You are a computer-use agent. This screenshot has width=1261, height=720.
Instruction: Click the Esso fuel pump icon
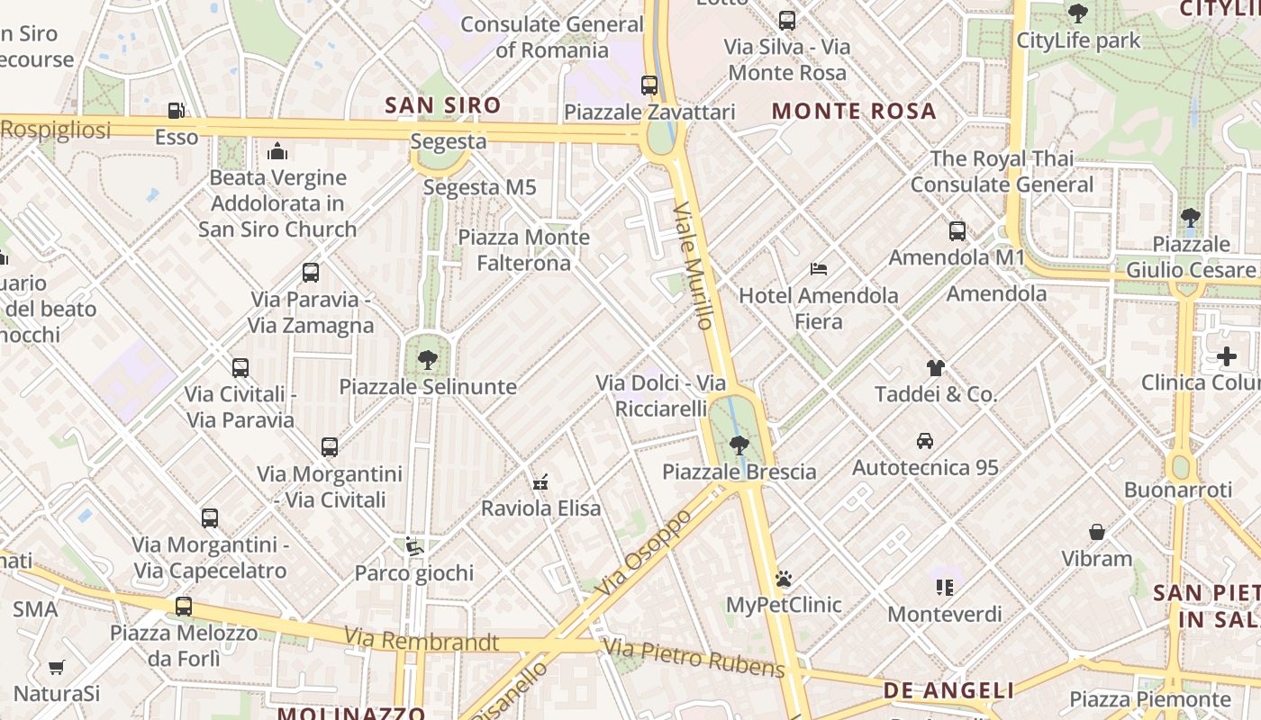177,111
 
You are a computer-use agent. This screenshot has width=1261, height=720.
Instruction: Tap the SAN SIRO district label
442,105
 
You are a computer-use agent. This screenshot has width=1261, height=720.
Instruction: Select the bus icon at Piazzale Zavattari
649,85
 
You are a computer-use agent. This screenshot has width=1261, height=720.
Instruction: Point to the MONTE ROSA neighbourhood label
854,112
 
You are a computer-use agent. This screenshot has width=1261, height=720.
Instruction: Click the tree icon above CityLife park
1077,13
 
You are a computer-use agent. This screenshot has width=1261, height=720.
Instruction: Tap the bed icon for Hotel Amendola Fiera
819,268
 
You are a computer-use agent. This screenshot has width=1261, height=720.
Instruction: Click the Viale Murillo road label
694,265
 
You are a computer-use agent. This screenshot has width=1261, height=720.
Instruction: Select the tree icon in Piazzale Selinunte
428,360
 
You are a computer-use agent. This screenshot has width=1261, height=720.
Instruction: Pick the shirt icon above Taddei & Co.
936,367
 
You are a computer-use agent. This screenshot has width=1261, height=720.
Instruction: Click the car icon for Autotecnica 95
925,441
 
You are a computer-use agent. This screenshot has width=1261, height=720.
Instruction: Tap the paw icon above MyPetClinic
784,578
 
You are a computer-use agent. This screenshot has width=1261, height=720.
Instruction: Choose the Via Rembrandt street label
421,641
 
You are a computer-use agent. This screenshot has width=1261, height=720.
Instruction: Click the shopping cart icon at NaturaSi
57,667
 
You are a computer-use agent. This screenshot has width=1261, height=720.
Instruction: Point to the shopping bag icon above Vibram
1097,532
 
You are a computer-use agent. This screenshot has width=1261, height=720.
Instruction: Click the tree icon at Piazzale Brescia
739,445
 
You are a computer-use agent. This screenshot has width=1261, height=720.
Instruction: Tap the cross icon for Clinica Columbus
1226,356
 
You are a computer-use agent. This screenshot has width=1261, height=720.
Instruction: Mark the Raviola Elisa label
540,508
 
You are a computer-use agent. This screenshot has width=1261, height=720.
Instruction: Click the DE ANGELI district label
948,690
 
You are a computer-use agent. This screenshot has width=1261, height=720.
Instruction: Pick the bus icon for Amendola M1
957,231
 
